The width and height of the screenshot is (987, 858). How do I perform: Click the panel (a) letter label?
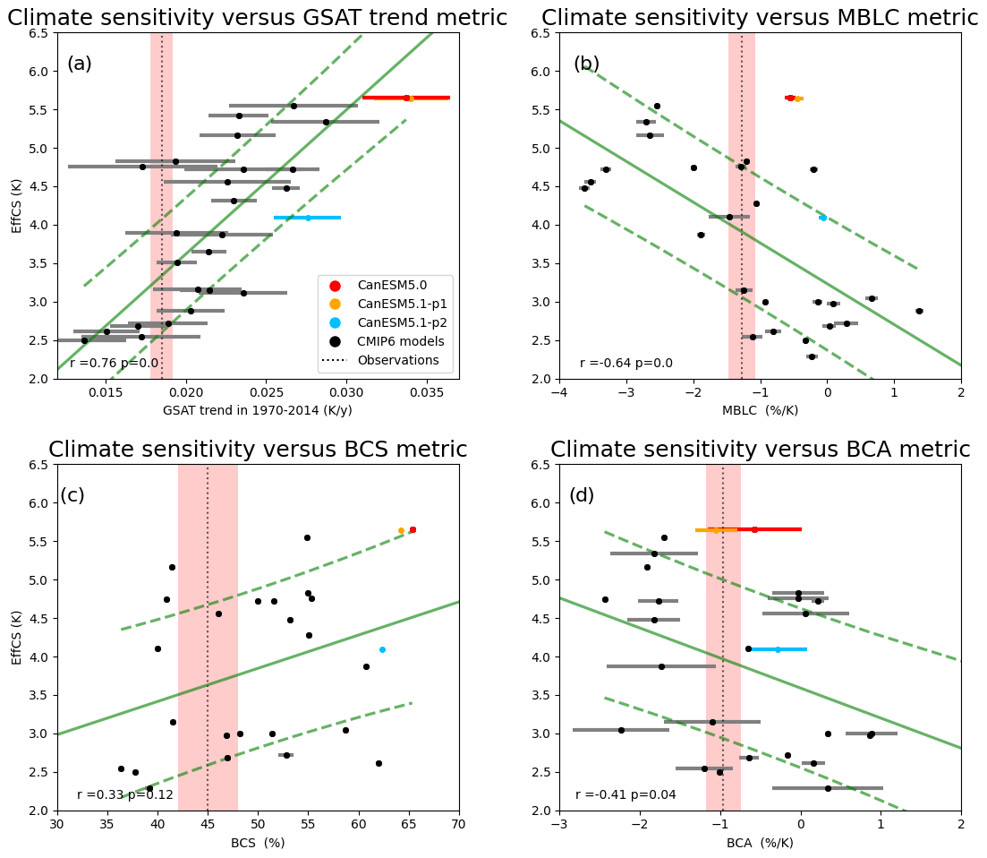[x=79, y=64]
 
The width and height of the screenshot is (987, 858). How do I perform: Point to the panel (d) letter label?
[x=584, y=496]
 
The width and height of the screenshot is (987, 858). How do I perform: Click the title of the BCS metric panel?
[x=258, y=450]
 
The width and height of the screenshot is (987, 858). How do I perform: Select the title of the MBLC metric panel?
[x=760, y=18]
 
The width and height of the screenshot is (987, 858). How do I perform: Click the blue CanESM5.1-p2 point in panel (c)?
[x=382, y=649]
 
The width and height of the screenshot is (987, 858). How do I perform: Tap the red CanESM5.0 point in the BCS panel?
[x=413, y=529]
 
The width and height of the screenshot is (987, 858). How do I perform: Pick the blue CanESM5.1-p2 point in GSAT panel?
[x=308, y=218]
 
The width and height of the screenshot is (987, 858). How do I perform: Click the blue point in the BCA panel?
[x=778, y=649]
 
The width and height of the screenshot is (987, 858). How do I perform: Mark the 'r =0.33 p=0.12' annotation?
[x=125, y=794]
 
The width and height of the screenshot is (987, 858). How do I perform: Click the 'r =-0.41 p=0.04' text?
[x=625, y=794]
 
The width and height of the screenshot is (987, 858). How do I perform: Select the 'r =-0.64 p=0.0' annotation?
[x=626, y=363]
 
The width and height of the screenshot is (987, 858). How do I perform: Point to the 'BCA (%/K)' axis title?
[x=760, y=843]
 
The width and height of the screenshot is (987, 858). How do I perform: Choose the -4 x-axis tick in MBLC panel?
[x=558, y=391]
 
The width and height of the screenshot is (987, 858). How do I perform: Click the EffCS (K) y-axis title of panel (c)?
[x=18, y=637]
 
